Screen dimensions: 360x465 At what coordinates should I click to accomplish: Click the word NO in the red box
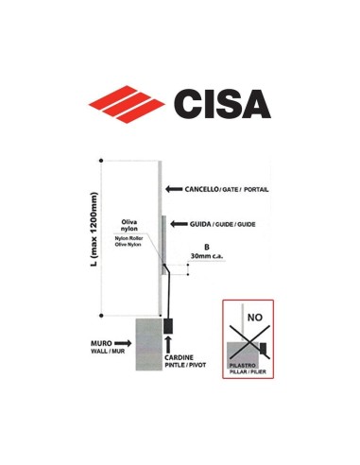click(255, 319)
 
